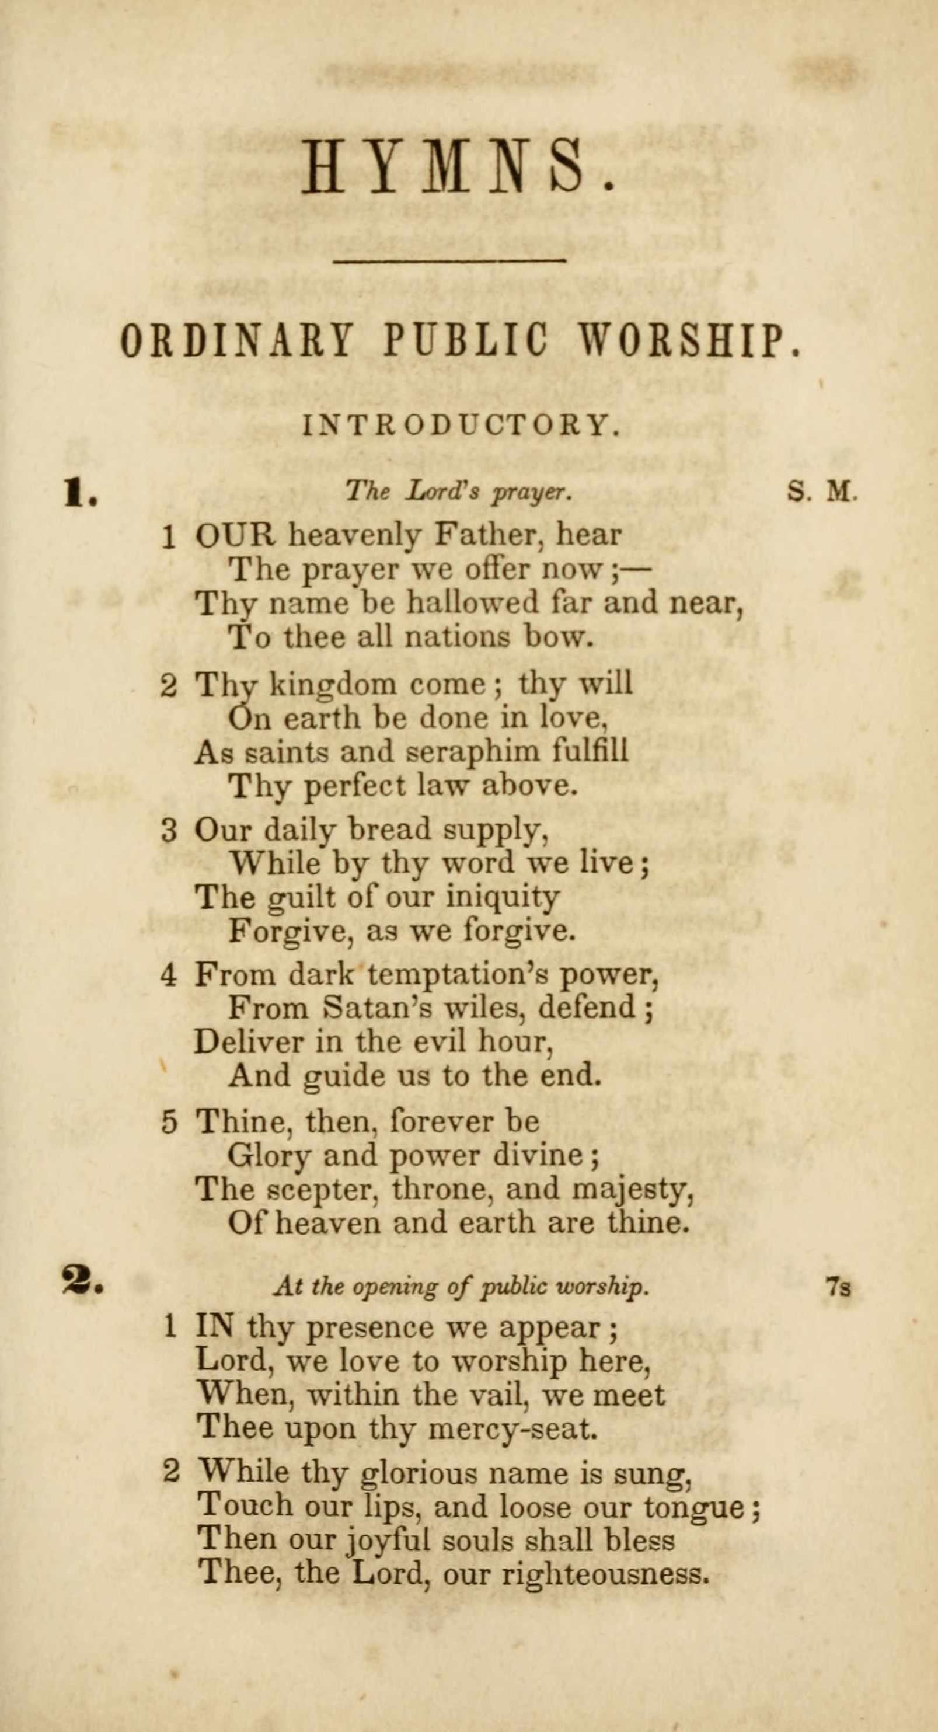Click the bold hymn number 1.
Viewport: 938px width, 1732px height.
(81, 496)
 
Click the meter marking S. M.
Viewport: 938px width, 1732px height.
(822, 492)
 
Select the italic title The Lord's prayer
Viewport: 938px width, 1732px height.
(459, 493)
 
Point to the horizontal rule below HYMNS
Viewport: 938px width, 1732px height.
(450, 260)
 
